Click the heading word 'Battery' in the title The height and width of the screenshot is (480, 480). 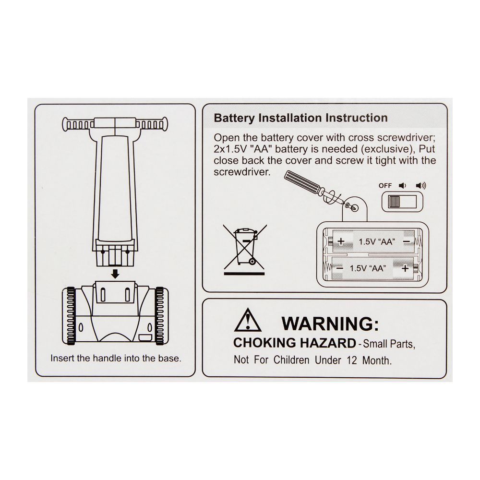point(234,118)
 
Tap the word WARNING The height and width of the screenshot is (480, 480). point(330,324)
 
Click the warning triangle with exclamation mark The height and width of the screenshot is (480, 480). point(248,320)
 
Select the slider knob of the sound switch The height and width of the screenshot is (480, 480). point(394,202)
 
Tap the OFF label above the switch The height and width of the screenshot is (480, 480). point(385,185)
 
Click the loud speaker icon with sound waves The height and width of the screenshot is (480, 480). point(421,185)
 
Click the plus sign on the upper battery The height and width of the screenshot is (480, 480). point(341,241)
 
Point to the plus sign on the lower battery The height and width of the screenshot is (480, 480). point(405,268)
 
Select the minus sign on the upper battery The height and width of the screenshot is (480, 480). point(407,242)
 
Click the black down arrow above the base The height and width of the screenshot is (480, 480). point(115,274)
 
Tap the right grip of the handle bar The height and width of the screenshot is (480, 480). point(152,125)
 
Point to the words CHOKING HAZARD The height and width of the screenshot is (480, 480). point(295,343)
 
